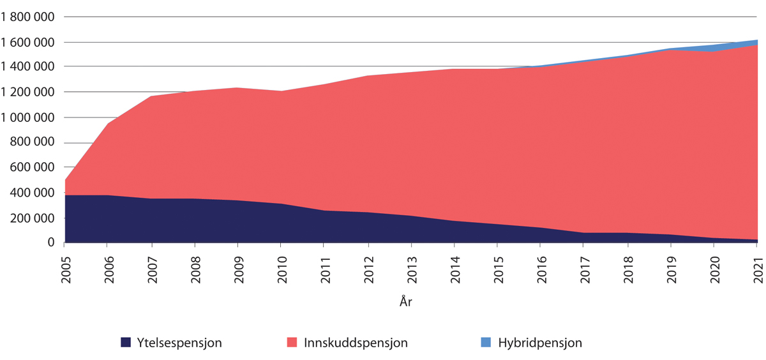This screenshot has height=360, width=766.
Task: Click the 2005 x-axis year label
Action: pyautogui.click(x=64, y=266)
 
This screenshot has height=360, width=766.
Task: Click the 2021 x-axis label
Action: pyautogui.click(x=759, y=266)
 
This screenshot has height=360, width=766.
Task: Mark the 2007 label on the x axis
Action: pyautogui.click(x=152, y=266)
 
